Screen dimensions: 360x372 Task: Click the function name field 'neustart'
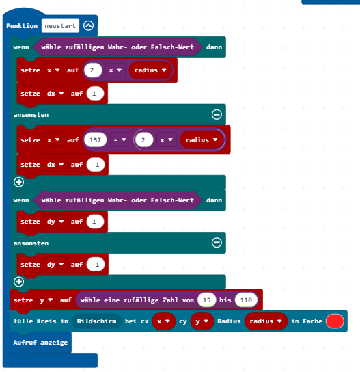(x=60, y=25)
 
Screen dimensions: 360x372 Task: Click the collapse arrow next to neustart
(x=88, y=25)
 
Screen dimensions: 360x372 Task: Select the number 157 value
(x=95, y=140)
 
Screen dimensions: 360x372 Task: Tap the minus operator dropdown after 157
(x=120, y=140)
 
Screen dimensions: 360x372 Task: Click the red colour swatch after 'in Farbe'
(x=335, y=321)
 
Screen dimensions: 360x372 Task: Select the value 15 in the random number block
(x=207, y=300)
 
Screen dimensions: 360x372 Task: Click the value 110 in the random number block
(x=246, y=300)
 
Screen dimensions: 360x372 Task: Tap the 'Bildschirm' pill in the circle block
(x=96, y=321)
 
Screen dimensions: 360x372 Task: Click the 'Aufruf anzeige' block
(x=40, y=343)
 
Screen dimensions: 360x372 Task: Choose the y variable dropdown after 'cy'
(x=202, y=321)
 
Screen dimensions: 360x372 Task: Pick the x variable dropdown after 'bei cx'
(x=163, y=321)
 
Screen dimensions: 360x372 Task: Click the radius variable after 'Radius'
(x=266, y=321)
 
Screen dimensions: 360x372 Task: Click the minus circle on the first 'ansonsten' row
(x=217, y=115)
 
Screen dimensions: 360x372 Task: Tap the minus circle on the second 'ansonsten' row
(x=217, y=243)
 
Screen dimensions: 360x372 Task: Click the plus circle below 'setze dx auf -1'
(x=18, y=182)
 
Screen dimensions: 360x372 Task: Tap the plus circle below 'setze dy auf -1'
(x=18, y=282)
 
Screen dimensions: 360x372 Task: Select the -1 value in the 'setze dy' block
(x=96, y=264)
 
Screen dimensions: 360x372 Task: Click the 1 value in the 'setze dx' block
(x=95, y=94)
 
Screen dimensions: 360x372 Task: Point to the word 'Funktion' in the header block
(x=22, y=25)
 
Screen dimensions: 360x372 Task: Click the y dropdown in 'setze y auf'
(x=46, y=300)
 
